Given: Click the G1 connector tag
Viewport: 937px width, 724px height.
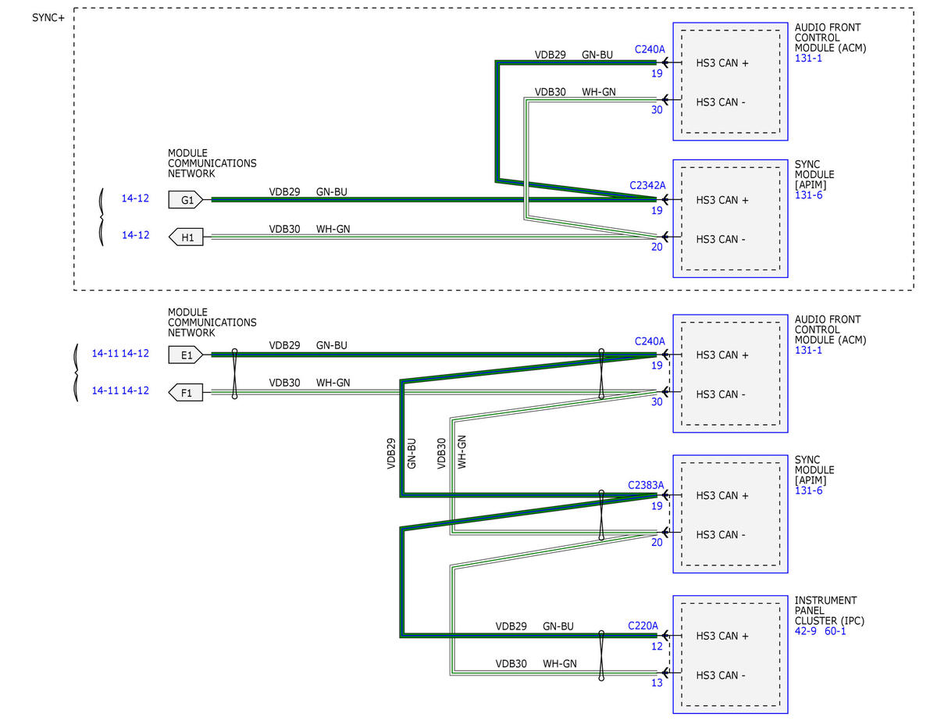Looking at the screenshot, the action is point(185,200).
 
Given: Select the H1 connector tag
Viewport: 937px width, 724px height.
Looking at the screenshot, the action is point(185,237).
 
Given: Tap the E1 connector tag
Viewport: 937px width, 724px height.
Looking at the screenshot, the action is point(185,355).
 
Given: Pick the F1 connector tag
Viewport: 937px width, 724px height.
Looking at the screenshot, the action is point(185,392).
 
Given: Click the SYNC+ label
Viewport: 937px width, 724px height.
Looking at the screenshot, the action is point(48,18).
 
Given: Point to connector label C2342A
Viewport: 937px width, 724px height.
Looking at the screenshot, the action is point(647,185).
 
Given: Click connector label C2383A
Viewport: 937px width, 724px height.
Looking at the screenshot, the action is point(646,485).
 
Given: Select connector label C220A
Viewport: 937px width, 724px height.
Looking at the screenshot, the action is point(643,626).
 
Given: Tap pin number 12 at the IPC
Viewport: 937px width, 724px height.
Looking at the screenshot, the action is point(657,647).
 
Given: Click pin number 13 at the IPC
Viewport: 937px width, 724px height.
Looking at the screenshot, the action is point(657,683).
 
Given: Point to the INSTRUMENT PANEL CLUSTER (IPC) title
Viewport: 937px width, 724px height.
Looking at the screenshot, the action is point(829,610).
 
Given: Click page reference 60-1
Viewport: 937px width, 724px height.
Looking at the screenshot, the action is point(835,631).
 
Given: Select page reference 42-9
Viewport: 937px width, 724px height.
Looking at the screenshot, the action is point(806,631).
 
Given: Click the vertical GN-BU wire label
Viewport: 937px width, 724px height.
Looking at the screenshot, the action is point(411,454).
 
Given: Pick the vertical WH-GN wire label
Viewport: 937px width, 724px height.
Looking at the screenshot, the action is point(461,452).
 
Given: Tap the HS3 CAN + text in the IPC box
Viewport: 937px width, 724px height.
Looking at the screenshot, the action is point(722,636).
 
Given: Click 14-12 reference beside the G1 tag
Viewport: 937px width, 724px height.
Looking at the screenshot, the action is point(135,198).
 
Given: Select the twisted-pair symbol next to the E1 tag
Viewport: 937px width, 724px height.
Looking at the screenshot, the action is point(234,373).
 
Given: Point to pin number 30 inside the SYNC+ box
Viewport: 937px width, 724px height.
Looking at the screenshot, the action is point(657,110).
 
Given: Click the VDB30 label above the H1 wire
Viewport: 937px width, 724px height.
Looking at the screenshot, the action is point(284,229).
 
